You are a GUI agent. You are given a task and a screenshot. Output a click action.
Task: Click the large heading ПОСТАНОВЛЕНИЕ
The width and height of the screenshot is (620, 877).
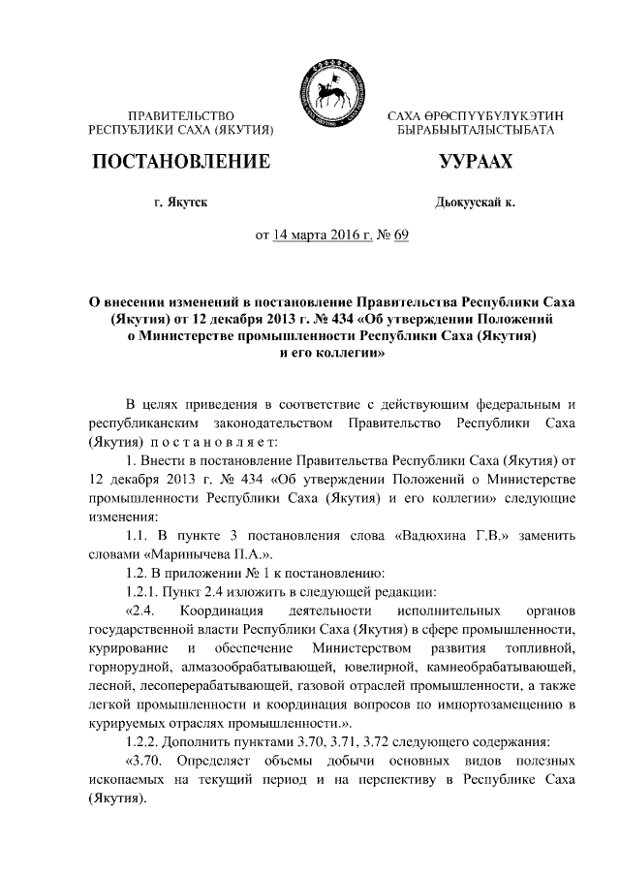click(179, 162)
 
